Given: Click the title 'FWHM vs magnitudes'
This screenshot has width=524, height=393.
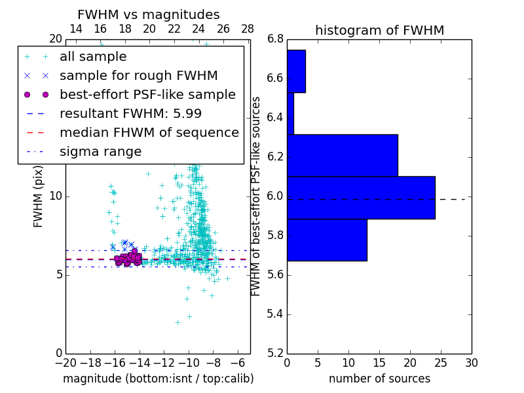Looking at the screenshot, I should pyautogui.click(x=148, y=15).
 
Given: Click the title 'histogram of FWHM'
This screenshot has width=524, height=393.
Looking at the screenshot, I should pyautogui.click(x=379, y=30).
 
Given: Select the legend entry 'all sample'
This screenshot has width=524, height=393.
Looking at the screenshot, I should pyautogui.click(x=93, y=57).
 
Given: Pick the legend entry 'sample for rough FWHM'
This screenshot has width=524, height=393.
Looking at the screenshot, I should pyautogui.click(x=138, y=76).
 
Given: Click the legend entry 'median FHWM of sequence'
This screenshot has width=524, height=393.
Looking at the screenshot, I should pyautogui.click(x=149, y=132).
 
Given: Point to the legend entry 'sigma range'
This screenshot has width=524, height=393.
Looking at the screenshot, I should pyautogui.click(x=100, y=151).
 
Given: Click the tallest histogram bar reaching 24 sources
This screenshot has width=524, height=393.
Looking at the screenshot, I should pyautogui.click(x=361, y=197).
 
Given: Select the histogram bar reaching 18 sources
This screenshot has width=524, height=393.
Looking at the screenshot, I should pyautogui.click(x=343, y=155).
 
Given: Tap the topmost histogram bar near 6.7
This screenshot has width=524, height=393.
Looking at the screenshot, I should pyautogui.click(x=296, y=71).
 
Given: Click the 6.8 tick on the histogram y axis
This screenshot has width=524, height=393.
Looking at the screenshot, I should pyautogui.click(x=275, y=39).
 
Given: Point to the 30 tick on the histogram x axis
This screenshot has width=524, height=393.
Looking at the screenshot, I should pyautogui.click(x=472, y=362).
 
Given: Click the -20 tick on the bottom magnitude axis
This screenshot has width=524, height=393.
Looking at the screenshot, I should pyautogui.click(x=65, y=362).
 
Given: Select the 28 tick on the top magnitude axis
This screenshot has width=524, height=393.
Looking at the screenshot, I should pyautogui.click(x=248, y=29).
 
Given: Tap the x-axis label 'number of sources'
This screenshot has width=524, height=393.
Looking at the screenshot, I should pyautogui.click(x=379, y=379).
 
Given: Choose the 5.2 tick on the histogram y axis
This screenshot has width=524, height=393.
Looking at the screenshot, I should pyautogui.click(x=275, y=353).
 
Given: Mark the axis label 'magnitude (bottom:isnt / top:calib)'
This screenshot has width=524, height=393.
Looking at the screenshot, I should pyautogui.click(x=158, y=379).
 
